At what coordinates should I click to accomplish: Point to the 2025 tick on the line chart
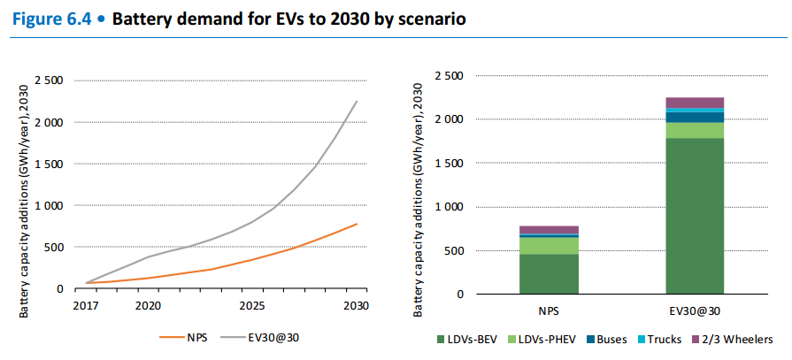click(x=252, y=305)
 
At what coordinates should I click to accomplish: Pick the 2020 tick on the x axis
click(x=148, y=305)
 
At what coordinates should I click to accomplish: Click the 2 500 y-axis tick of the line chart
click(x=49, y=80)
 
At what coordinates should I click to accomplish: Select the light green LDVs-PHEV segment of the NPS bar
click(x=549, y=245)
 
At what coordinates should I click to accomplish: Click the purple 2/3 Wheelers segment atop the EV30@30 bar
click(x=695, y=102)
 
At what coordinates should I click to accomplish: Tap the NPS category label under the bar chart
click(x=549, y=311)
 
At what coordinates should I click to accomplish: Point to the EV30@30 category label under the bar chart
click(x=695, y=311)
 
